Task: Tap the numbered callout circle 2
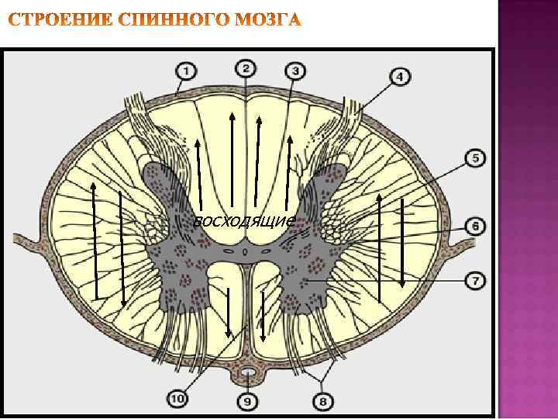245,68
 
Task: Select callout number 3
295,71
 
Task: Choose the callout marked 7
475,279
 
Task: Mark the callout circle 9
247,401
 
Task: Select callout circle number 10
177,399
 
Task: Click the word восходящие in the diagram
243,222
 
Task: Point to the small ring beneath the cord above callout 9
248,375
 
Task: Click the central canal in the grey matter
246,251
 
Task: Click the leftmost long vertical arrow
94,241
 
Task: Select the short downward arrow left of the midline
229,310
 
